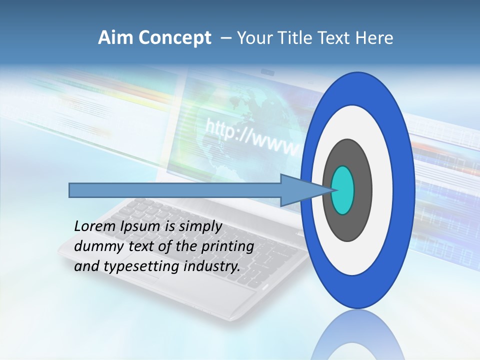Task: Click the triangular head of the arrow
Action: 300,190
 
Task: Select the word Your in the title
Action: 253,38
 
